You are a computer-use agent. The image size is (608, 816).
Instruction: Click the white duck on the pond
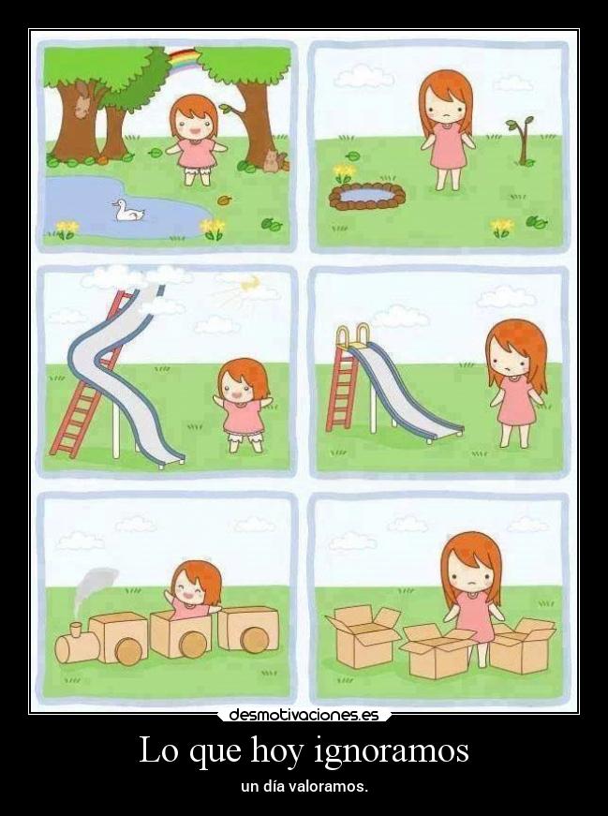pyautogui.click(x=128, y=211)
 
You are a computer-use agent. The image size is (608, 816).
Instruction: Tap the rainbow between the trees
pyautogui.click(x=182, y=58)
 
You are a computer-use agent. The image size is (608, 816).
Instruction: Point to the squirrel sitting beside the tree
pyautogui.click(x=273, y=161)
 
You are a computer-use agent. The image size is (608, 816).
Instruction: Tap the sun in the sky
pyautogui.click(x=251, y=284)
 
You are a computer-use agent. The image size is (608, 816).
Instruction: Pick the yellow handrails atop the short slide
pyautogui.click(x=353, y=334)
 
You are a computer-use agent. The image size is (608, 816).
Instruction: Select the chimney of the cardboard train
pyautogui.click(x=77, y=630)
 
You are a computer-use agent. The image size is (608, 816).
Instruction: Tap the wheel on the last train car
pyautogui.click(x=255, y=640)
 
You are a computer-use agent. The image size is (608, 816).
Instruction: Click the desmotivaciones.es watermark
pyautogui.click(x=304, y=715)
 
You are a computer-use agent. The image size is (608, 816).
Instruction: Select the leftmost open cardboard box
pyautogui.click(x=363, y=636)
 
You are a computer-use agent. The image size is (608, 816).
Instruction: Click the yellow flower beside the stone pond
pyautogui.click(x=343, y=172)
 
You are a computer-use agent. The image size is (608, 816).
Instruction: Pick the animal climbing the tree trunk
pyautogui.click(x=82, y=101)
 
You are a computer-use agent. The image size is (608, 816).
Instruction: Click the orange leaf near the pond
pyautogui.click(x=224, y=200)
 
